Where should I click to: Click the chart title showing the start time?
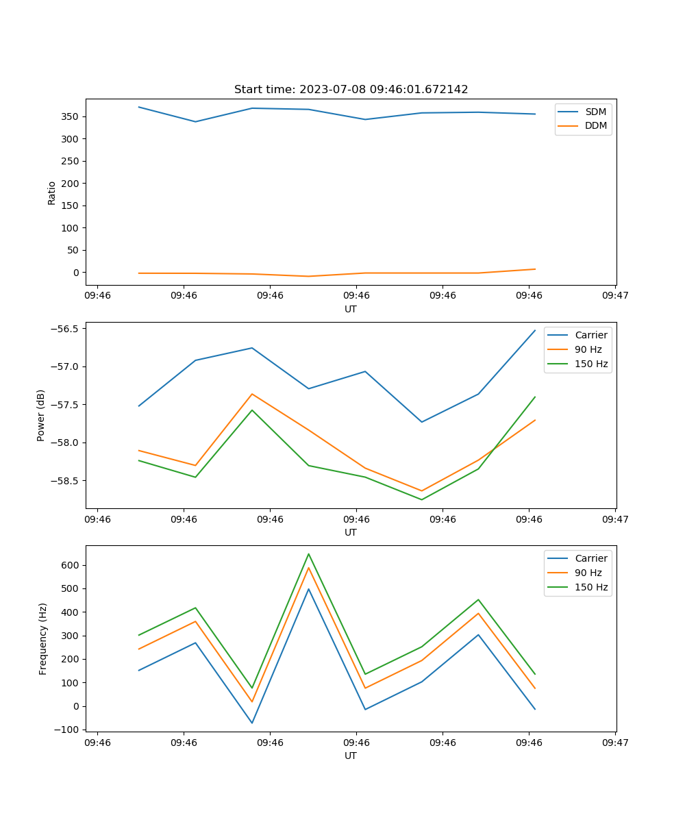(351, 90)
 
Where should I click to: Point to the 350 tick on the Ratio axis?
(72, 116)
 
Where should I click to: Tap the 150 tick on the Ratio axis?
(72, 206)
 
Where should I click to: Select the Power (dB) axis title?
(42, 415)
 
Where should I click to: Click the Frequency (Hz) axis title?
(43, 638)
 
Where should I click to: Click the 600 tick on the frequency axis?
(72, 565)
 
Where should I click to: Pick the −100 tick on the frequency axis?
(69, 730)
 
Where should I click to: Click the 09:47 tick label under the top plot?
(614, 296)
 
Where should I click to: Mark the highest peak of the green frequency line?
(308, 553)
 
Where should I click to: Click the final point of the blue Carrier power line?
(535, 330)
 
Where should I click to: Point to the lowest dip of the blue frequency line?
(251, 723)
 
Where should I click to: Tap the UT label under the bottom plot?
(351, 756)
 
